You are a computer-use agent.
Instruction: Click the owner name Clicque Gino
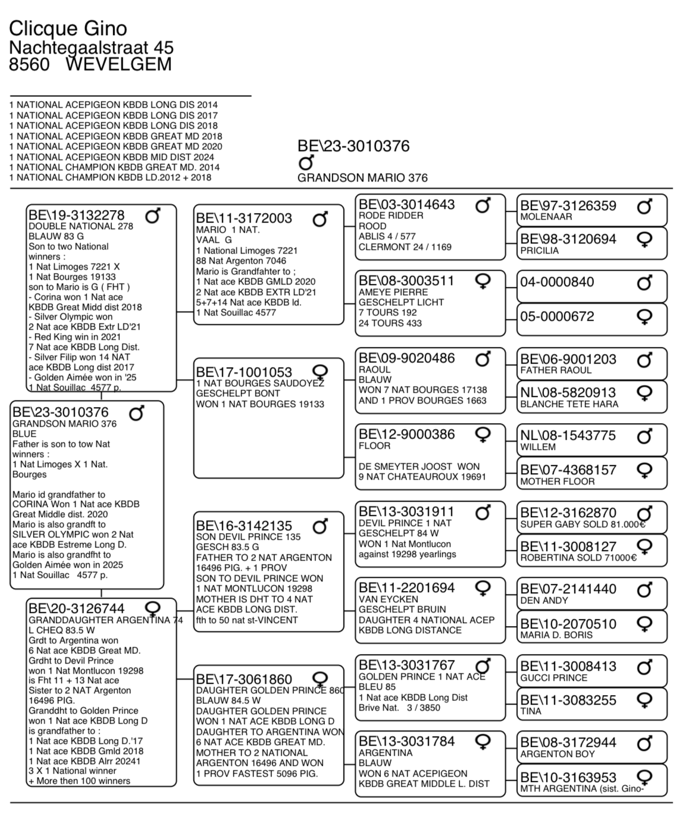click(68, 28)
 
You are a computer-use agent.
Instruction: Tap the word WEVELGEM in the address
click(118, 64)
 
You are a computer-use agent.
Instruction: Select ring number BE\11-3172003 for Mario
click(244, 218)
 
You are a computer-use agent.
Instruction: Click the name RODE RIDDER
click(391, 215)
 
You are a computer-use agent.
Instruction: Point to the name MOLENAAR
click(546, 217)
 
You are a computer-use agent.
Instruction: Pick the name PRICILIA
click(539, 251)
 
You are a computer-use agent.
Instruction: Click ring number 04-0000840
click(557, 282)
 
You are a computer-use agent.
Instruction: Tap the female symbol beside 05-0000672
click(644, 317)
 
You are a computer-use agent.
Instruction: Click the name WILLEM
click(538, 447)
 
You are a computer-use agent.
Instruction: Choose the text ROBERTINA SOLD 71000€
click(578, 558)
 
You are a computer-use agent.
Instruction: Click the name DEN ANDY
click(544, 600)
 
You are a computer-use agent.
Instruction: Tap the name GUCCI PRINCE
click(553, 678)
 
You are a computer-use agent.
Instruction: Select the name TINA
click(531, 711)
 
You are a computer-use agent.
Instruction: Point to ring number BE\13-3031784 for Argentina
click(406, 741)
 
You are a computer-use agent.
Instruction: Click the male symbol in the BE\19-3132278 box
click(153, 216)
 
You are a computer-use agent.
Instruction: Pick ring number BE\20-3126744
click(77, 608)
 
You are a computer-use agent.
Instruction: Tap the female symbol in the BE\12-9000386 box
click(483, 436)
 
